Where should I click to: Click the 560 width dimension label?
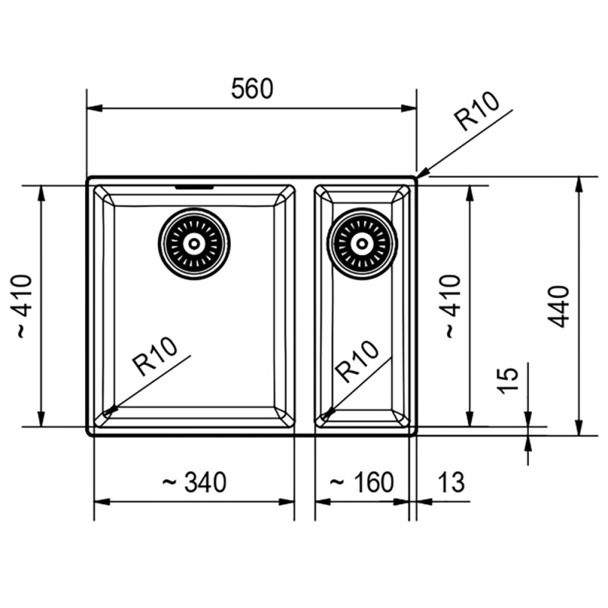click(252, 89)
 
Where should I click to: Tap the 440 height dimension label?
click(559, 306)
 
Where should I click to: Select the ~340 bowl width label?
click(194, 483)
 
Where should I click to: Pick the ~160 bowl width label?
click(362, 483)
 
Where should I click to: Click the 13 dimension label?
click(451, 483)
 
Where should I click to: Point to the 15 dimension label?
click(508, 381)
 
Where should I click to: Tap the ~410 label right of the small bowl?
click(452, 306)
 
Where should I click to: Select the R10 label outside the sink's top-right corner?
click(478, 112)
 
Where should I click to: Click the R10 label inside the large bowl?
click(155, 356)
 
